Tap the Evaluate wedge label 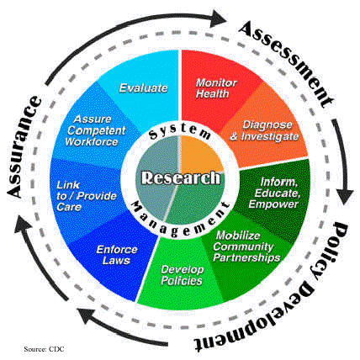coord(141,87)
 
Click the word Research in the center coord(181,178)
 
